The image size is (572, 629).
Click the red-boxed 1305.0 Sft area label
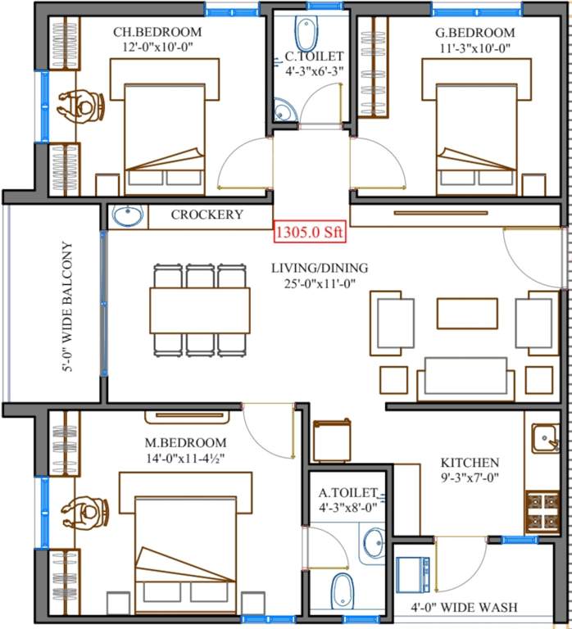pyautogui.click(x=310, y=232)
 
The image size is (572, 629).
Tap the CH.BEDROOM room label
pyautogui.click(x=157, y=33)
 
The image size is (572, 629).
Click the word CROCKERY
pyautogui.click(x=207, y=215)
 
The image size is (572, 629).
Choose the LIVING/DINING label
pyautogui.click(x=320, y=268)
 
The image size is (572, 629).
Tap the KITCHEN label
pyautogui.click(x=470, y=463)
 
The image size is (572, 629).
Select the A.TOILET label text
pyautogui.click(x=348, y=493)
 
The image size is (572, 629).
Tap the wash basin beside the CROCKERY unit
pyautogui.click(x=126, y=216)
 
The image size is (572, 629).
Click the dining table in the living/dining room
pyautogui.click(x=200, y=310)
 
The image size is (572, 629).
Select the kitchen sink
pyautogui.click(x=545, y=439)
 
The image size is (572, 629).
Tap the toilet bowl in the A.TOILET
pyautogui.click(x=343, y=590)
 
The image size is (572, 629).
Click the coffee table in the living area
pyautogui.click(x=467, y=313)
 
